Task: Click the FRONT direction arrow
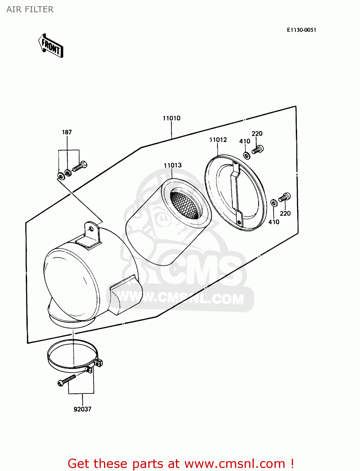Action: [x=51, y=46]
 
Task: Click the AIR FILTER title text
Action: [x=30, y=9]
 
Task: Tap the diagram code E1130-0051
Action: [x=301, y=30]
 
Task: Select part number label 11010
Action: [x=172, y=118]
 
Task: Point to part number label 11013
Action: [x=172, y=165]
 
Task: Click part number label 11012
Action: [x=218, y=140]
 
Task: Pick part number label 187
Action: [x=67, y=132]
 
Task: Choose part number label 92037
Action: [x=82, y=409]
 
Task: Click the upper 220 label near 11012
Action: [x=257, y=133]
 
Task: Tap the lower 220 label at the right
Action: [x=285, y=214]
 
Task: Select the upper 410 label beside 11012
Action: [x=245, y=141]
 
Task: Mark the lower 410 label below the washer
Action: [x=274, y=222]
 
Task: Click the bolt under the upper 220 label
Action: [x=258, y=149]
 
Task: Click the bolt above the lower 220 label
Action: [x=285, y=197]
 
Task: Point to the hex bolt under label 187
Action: [x=80, y=166]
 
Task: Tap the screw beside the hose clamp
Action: [x=67, y=380]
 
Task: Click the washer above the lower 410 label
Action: [x=274, y=203]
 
